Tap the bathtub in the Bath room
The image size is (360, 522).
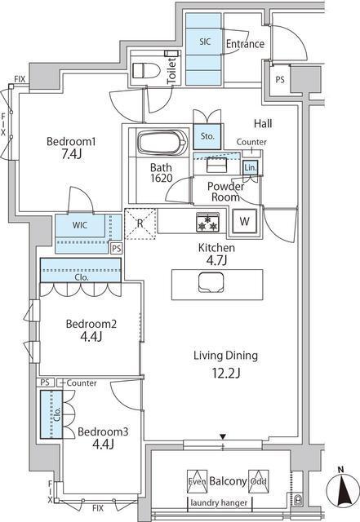tap(162, 143)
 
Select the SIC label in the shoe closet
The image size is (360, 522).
tap(205, 42)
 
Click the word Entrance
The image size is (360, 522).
tap(245, 43)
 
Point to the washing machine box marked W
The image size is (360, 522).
tap(244, 221)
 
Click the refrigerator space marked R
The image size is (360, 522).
tap(140, 223)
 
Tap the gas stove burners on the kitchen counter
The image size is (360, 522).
tap(207, 222)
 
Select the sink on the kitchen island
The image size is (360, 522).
tap(211, 282)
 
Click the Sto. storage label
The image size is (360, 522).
tap(207, 136)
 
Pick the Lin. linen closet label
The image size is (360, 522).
tap(250, 168)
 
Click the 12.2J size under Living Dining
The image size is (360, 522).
tap(226, 374)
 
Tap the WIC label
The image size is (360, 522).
tap(80, 225)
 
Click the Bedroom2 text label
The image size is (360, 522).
tap(91, 324)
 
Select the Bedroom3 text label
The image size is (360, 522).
tap(103, 431)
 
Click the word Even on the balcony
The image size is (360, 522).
tap(197, 481)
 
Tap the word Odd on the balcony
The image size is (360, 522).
tap(258, 481)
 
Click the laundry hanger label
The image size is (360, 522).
tap(219, 502)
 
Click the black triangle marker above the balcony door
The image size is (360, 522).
tap(223, 436)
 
